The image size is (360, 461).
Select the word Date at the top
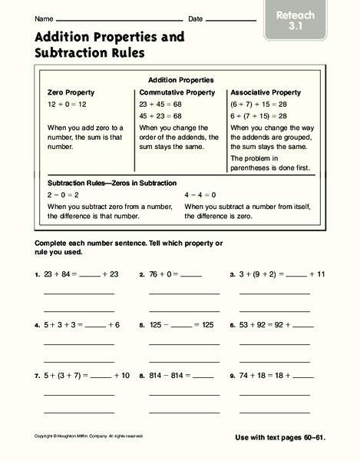(196, 18)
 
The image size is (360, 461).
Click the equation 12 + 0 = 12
(67, 102)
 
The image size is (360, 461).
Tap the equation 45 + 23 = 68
(160, 116)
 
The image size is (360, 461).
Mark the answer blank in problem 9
(303, 377)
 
